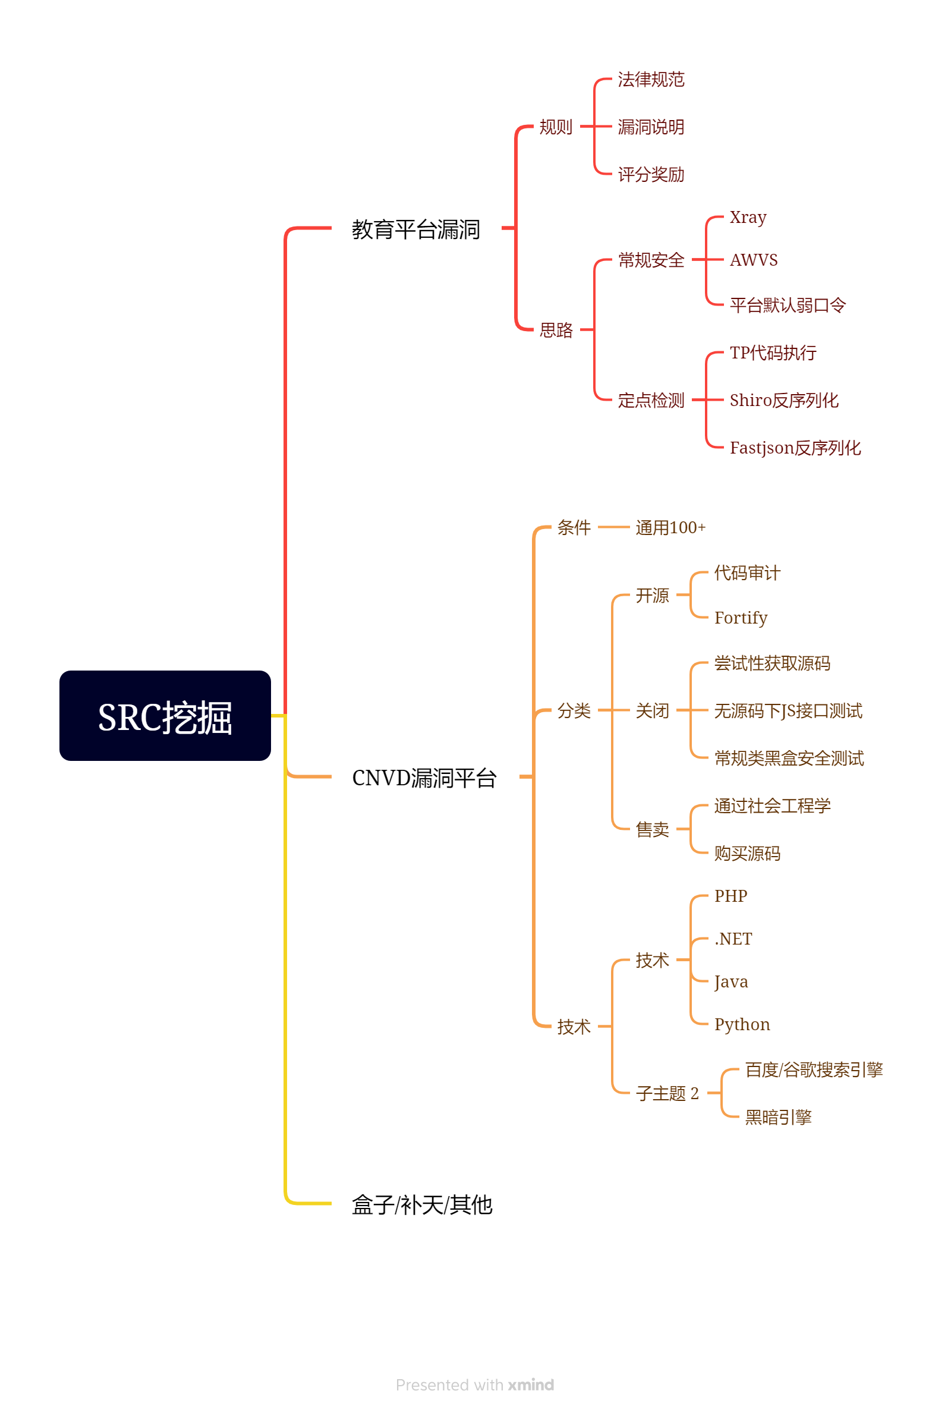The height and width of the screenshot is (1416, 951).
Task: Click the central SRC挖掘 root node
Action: point(165,716)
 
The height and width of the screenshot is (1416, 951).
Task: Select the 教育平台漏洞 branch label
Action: point(416,229)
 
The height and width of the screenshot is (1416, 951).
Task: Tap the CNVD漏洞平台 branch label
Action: point(424,778)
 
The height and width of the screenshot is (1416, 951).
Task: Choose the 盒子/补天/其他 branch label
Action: point(421,1204)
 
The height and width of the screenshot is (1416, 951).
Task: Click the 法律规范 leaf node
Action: point(651,80)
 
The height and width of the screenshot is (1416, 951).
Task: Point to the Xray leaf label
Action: point(748,217)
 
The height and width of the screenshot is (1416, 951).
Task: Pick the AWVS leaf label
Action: point(753,260)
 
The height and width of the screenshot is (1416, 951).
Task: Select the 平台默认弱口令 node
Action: point(787,305)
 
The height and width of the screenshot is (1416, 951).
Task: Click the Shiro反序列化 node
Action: point(783,400)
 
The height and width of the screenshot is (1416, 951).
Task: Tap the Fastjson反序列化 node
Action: point(795,448)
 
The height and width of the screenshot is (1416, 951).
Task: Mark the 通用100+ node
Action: point(670,528)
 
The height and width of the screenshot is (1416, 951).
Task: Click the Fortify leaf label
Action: point(741,618)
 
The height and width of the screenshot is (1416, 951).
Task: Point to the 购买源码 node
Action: point(747,853)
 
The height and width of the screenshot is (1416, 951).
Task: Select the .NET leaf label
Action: point(733,939)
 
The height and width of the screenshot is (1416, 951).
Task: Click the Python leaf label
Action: point(742,1024)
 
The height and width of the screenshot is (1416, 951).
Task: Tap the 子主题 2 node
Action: point(667,1093)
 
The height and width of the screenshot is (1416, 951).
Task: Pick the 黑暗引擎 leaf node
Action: point(778,1117)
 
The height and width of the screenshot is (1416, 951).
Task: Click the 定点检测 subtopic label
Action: point(651,400)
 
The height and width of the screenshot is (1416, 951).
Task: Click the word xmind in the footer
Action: point(531,1385)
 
